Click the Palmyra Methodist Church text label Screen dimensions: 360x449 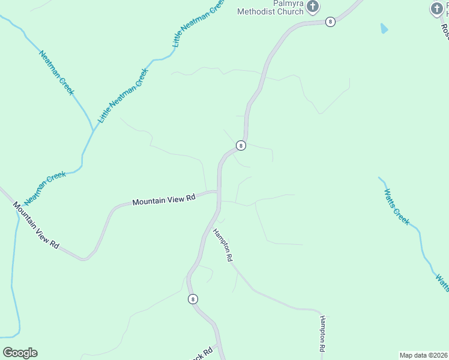coord(270,7)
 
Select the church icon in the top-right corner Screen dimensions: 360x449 coord(437,8)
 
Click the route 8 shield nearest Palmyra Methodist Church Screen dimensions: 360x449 coord(330,22)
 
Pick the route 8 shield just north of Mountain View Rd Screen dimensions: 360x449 coord(241,145)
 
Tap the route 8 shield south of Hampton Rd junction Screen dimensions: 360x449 coord(193,299)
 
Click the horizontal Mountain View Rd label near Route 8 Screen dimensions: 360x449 coord(164,199)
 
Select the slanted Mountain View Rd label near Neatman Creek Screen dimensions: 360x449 coord(37,226)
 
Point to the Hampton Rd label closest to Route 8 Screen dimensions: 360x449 coord(221,245)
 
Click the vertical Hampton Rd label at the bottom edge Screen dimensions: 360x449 coord(322,334)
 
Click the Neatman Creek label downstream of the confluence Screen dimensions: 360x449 coord(45,187)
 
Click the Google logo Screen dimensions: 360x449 coord(20,352)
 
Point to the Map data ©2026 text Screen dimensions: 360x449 coord(423,355)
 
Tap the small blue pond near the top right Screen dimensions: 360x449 coord(384,28)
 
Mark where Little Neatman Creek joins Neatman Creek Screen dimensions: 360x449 coord(93,130)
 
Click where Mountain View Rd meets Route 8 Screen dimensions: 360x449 coord(218,193)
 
